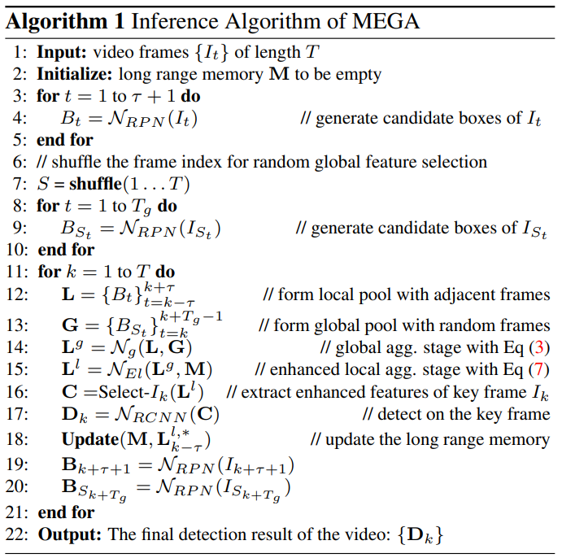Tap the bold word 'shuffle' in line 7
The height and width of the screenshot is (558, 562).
pyautogui.click(x=98, y=184)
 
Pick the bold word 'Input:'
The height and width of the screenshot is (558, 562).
pyautogui.click(x=60, y=53)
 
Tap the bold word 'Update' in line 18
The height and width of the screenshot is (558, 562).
pyautogui.click(x=90, y=439)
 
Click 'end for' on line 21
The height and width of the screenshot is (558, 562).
pyautogui.click(x=66, y=512)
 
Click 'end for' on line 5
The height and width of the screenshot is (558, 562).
pyautogui.click(x=66, y=140)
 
